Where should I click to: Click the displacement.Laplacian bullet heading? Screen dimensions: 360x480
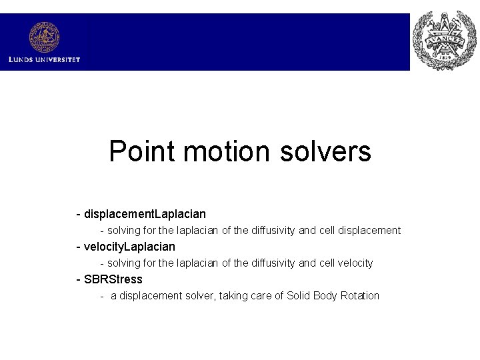[145, 214]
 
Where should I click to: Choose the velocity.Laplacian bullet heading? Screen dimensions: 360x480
[129, 247]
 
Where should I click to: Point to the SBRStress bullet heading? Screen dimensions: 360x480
[113, 279]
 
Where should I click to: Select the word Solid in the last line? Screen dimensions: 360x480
[299, 295]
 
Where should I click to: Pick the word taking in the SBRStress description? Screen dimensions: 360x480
[235, 295]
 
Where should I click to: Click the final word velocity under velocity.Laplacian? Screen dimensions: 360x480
[356, 263]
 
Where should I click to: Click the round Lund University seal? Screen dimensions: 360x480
[44, 37]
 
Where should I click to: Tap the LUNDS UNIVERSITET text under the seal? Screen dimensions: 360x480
[44, 60]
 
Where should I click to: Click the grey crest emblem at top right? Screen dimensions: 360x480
[444, 41]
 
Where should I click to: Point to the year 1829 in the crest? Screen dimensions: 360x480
[444, 59]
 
